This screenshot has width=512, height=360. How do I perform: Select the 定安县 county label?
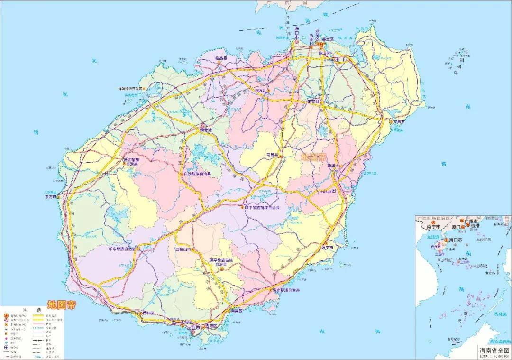click(314, 101)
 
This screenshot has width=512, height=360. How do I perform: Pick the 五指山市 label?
click(183, 249)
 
